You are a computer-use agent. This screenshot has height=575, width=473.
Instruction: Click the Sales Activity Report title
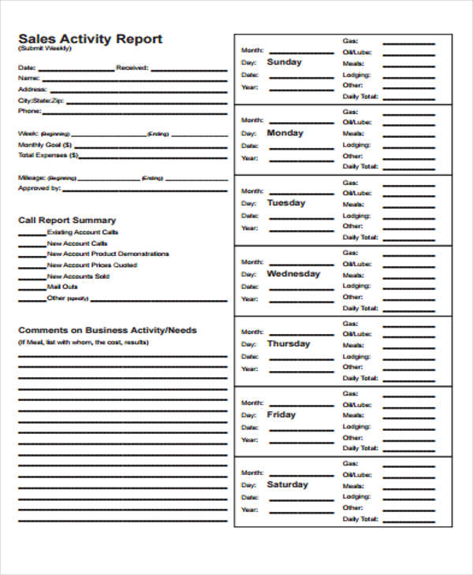pos(90,39)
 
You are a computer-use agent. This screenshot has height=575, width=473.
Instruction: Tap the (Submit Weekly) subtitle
pos(44,50)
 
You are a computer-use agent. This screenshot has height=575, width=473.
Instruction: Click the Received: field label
pos(132,68)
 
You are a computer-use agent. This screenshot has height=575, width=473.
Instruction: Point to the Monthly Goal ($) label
pos(45,145)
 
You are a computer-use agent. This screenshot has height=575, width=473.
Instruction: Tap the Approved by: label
pos(39,188)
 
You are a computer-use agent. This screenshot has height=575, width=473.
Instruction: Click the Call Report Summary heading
pos(67,221)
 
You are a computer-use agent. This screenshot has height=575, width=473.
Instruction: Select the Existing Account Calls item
pos(83,232)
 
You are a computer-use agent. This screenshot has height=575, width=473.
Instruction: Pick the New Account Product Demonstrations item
pos(108,254)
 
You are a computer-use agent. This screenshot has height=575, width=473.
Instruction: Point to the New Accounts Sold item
pos(78,276)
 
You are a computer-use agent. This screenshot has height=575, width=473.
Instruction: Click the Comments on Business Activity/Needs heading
pos(107,330)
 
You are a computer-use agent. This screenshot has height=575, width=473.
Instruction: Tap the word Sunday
pos(284,62)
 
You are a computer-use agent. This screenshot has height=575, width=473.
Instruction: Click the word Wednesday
pos(293,274)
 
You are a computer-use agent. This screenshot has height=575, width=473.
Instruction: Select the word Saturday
pos(287,484)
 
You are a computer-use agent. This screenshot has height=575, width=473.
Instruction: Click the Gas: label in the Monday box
pos(349,112)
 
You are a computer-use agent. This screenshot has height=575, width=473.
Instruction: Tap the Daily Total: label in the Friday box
pos(360,448)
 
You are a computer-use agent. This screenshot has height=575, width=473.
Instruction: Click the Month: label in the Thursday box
pos(251,332)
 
